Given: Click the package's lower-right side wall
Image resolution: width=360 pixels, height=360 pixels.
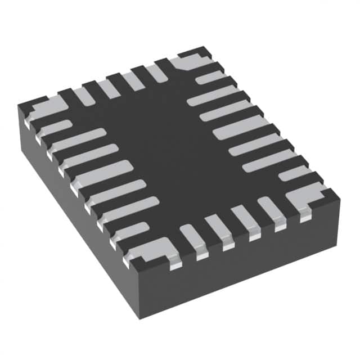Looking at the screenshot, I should [x=242, y=270].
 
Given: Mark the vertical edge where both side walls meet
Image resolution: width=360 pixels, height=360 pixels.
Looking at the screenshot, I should [x=138, y=292].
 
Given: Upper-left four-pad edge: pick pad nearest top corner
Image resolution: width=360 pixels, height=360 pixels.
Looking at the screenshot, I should [x=156, y=73].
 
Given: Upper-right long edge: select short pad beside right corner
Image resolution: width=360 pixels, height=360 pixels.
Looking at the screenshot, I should [x=292, y=173].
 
